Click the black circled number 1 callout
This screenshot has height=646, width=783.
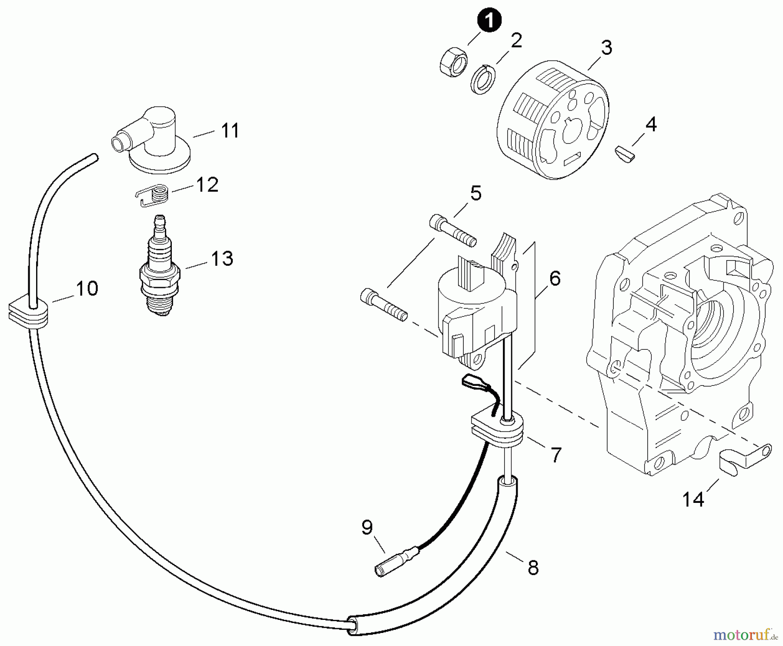[489, 20]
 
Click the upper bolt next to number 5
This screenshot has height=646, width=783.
[453, 230]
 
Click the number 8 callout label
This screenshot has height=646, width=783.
[533, 568]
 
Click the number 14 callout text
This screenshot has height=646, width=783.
[693, 499]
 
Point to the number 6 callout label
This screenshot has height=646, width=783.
[555, 278]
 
